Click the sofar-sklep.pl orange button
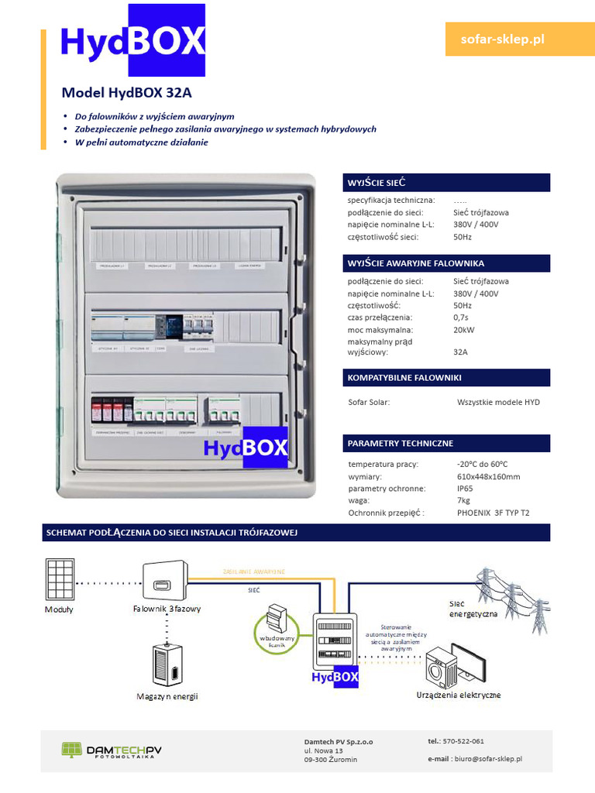click(503, 39)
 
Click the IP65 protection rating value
click(465, 489)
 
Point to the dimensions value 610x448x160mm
click(488, 476)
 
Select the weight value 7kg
click(463, 501)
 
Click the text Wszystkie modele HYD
click(498, 402)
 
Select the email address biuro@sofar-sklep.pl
click(487, 760)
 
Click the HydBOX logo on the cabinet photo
click(246, 448)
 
